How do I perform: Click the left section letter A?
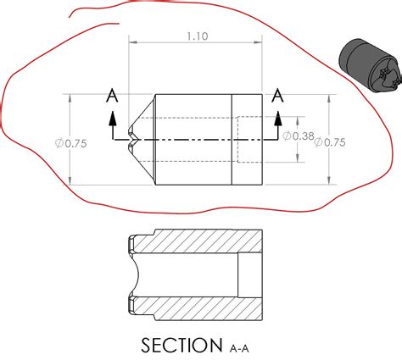pos(112,97)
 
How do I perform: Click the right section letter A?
pos(276,97)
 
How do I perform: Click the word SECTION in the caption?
pos(176,345)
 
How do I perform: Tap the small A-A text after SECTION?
pos(243,347)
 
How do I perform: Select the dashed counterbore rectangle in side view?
pos(248,138)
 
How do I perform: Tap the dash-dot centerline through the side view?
pos(187,138)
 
